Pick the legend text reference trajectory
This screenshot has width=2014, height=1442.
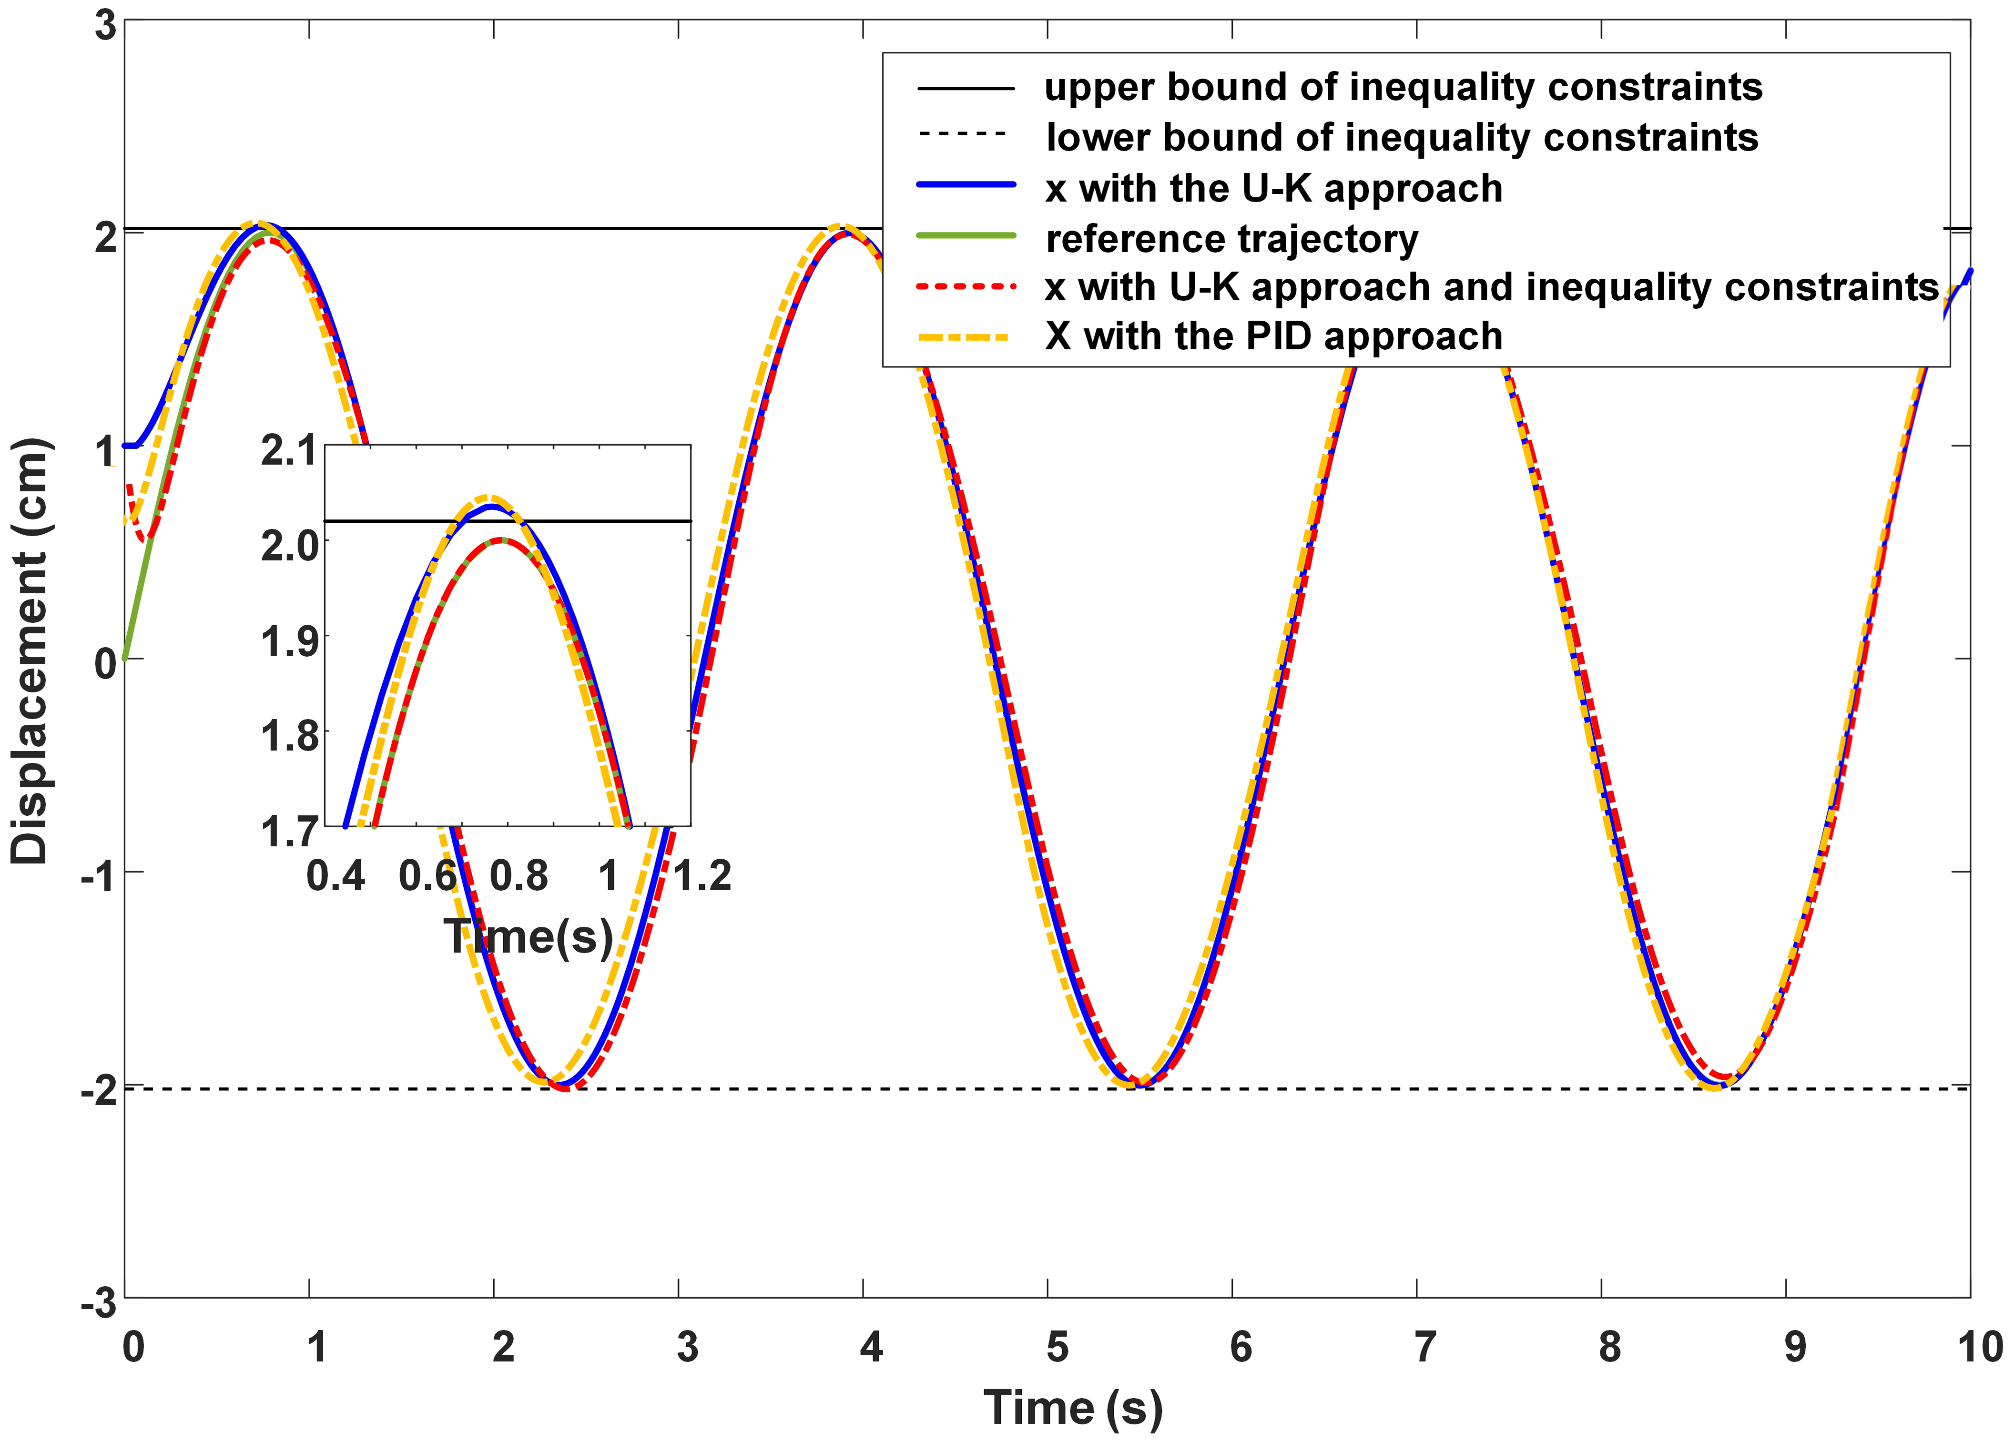coord(1231,239)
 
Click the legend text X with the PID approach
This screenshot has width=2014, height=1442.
coord(1273,336)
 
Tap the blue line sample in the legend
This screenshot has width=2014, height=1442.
coord(965,185)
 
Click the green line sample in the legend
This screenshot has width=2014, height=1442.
coord(965,235)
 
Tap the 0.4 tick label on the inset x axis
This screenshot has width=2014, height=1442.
coord(336,876)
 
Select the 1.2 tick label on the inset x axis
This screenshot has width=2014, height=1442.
coord(702,876)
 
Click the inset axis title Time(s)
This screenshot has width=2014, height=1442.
coord(529,937)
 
